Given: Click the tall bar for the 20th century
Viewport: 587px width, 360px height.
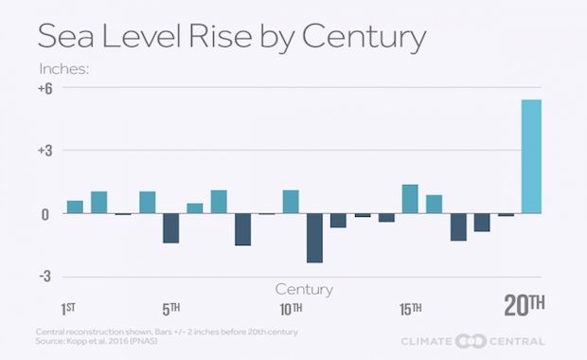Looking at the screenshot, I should [x=531, y=156].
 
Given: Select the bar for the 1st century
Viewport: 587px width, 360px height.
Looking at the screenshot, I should [x=75, y=207].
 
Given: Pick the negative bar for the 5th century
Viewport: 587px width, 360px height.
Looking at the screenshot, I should [x=170, y=228].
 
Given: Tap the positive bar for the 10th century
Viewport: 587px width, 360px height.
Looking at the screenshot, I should [x=291, y=202].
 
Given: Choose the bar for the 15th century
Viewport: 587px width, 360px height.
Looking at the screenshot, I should [x=410, y=199].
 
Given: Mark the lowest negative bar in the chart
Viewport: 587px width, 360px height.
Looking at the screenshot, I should [x=314, y=238].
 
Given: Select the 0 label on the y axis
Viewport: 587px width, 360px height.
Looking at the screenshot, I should [x=44, y=214].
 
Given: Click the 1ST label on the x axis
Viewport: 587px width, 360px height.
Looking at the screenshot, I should [x=70, y=309].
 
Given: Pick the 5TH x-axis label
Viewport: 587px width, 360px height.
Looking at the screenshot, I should [x=170, y=309].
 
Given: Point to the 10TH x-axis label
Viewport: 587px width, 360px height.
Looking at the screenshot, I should [x=291, y=309].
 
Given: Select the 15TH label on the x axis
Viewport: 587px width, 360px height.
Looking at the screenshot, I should [x=410, y=309].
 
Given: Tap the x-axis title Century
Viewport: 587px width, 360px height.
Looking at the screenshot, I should [x=304, y=288].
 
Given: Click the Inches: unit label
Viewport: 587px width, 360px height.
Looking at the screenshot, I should [x=63, y=69].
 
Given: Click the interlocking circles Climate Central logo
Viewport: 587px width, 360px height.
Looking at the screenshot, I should [x=471, y=341].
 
